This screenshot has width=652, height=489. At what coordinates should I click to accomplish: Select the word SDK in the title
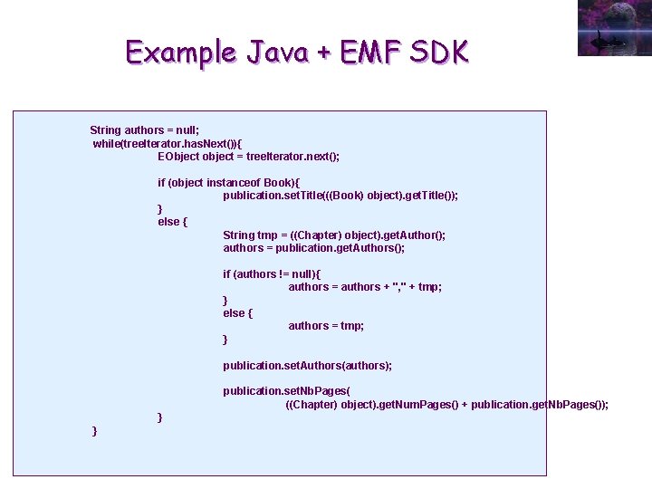pyautogui.click(x=439, y=53)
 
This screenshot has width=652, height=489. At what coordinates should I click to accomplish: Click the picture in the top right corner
pyautogui.click(x=613, y=27)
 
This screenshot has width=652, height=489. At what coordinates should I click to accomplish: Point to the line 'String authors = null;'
pyautogui.click(x=145, y=130)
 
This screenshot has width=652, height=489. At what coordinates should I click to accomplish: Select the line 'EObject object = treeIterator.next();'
pyautogui.click(x=248, y=157)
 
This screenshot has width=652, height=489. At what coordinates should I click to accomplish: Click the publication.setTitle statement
pyautogui.click(x=340, y=196)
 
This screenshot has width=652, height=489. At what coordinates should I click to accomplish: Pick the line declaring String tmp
pyautogui.click(x=334, y=235)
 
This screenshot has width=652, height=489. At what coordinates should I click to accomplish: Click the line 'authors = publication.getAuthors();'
pyautogui.click(x=314, y=248)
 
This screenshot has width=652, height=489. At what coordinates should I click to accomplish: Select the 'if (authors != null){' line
pyautogui.click(x=272, y=274)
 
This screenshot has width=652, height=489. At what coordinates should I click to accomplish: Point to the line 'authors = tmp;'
pyautogui.click(x=326, y=326)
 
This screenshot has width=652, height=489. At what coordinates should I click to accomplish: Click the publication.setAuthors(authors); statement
pyautogui.click(x=308, y=366)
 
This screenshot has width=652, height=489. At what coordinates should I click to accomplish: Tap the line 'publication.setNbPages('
pyautogui.click(x=286, y=391)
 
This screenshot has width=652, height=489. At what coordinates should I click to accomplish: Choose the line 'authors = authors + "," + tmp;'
pyautogui.click(x=365, y=287)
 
